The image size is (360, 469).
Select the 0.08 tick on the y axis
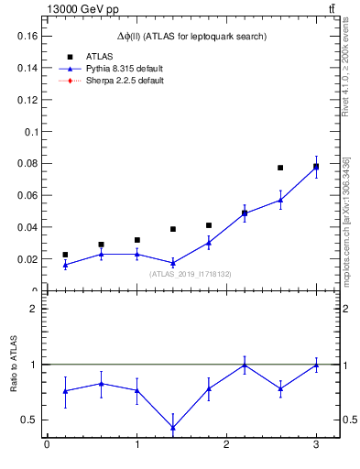tap(25, 164)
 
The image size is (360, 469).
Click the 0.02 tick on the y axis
tap(25, 259)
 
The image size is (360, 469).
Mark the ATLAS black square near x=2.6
tap(280, 168)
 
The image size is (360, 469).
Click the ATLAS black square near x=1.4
tap(172, 229)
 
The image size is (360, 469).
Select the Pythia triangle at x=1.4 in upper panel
tap(172, 263)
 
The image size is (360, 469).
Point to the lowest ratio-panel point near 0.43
tap(172, 427)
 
